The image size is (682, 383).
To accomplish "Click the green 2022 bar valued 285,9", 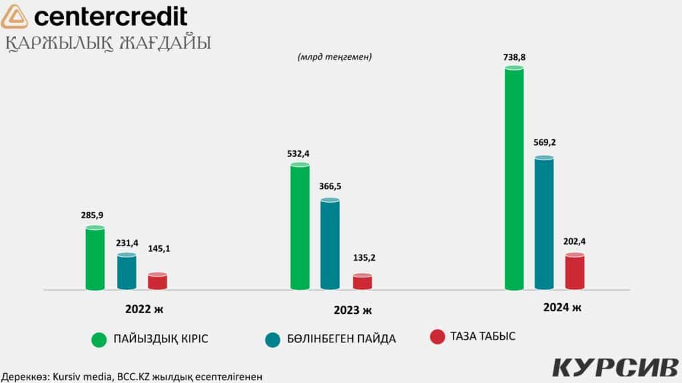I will click(x=95, y=259).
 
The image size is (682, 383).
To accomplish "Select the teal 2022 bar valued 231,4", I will click(x=127, y=272).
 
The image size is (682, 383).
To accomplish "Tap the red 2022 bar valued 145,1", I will click(x=157, y=281).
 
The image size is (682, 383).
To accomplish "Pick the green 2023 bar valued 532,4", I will click(x=300, y=227).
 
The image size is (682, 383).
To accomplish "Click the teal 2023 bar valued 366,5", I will click(x=330, y=244).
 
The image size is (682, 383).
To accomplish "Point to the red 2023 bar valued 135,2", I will click(x=362, y=282).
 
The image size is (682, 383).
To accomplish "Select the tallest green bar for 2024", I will click(x=514, y=179).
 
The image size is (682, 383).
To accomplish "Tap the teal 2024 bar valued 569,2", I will click(x=544, y=223).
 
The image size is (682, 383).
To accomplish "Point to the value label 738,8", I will click(x=514, y=58).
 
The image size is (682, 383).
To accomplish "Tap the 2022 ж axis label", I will click(x=143, y=309).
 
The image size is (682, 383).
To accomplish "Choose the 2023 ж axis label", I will click(x=352, y=311).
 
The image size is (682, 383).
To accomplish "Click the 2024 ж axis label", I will click(x=562, y=307).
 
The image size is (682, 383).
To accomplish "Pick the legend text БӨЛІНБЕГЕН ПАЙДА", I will click(x=344, y=339).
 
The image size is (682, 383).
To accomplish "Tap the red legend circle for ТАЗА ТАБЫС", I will click(x=437, y=337).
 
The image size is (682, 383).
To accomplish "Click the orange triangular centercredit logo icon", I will click(x=15, y=17).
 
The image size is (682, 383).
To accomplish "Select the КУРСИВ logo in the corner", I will click(x=614, y=368).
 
